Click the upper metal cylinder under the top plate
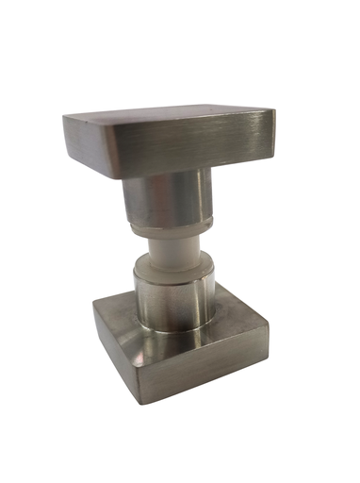coord(170,198)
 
